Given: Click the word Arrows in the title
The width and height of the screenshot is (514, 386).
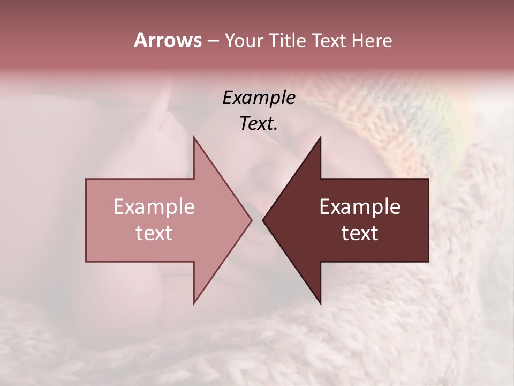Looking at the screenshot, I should tap(168, 40).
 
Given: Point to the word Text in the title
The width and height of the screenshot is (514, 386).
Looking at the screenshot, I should tap(329, 40).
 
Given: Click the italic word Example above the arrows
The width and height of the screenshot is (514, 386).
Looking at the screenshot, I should tap(259, 98).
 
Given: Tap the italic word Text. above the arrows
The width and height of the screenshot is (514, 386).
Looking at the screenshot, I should tap(259, 123).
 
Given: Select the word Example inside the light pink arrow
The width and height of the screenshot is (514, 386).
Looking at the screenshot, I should tap(154, 207).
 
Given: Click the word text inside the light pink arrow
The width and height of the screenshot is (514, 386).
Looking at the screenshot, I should tap(154, 233).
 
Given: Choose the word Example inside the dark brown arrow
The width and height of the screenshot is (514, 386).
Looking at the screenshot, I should tap(360, 207).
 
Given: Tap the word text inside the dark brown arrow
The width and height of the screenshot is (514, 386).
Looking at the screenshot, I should tap(360, 233).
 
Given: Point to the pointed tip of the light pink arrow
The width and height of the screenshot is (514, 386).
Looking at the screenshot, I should tap(251, 220).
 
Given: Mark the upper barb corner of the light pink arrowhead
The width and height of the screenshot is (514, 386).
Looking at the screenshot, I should tap(194, 138).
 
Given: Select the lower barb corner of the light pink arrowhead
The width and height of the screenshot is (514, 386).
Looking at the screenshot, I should tap(194, 303).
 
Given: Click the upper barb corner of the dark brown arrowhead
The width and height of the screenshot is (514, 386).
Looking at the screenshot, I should tap(320, 138).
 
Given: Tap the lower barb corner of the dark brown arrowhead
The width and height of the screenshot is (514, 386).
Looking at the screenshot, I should tap(320, 303).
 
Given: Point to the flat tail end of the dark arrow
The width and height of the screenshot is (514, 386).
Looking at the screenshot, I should tap(428, 220).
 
